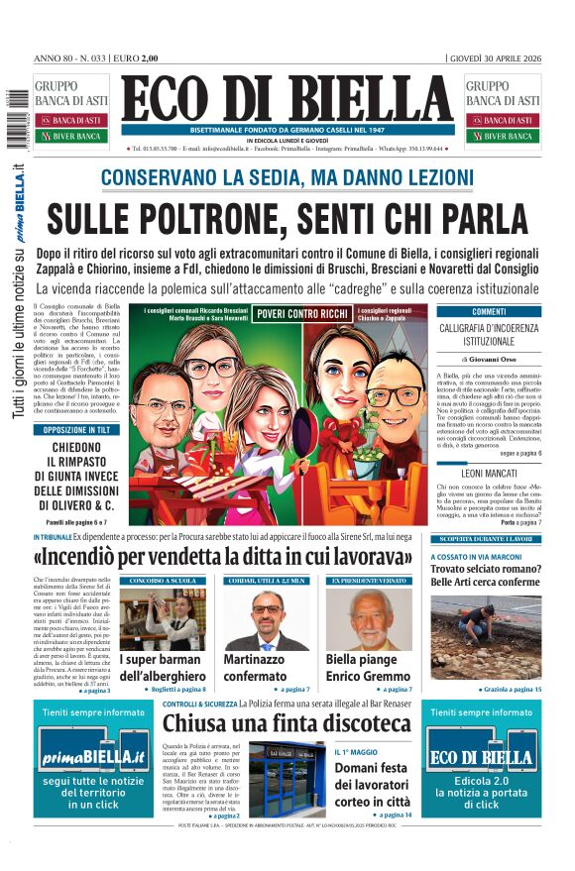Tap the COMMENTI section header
489,311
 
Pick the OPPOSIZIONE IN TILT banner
76,431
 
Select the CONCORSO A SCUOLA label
161,580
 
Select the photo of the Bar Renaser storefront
286,779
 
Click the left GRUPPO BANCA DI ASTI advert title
63,93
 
